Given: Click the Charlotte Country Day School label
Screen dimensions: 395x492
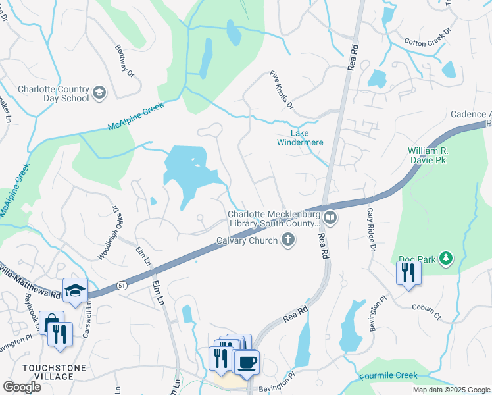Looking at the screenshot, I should pos(53,93).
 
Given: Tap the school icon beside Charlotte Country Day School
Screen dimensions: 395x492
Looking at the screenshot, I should pos(99,92).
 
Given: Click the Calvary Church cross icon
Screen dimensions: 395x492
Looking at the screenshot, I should pos(287,240).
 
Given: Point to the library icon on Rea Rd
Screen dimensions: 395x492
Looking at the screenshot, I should pos(330,216).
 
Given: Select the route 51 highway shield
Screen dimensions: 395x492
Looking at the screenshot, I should pos(122,285).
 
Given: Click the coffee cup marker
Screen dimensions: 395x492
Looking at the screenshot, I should pos(247,363).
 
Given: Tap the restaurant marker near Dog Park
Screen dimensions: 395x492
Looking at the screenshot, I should pos(408,272).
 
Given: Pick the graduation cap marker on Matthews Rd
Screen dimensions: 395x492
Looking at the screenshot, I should pos(75,290).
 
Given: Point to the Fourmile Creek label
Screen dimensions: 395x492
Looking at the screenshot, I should pos(388,376).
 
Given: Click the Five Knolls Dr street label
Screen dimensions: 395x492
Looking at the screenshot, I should pos(281,91).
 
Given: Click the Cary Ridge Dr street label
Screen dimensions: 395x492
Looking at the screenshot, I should pos(370,228).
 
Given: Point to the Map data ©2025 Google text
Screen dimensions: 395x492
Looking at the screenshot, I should pos(451,390).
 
